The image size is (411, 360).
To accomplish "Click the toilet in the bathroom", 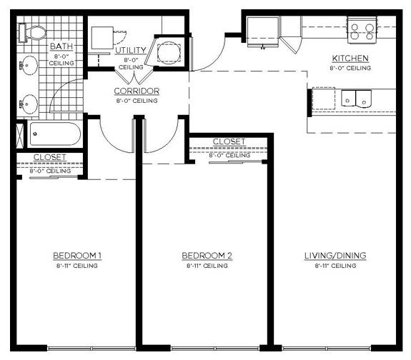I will pyautogui.click(x=33, y=32).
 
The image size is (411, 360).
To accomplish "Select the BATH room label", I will pyautogui.click(x=61, y=47).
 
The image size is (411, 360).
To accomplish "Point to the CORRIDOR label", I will pyautogui.click(x=136, y=91).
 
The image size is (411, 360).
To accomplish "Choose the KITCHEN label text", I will pyautogui.click(x=350, y=59).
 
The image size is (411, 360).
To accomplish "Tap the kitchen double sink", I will pyautogui.click(x=356, y=99).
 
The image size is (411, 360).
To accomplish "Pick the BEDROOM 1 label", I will pyautogui.click(x=77, y=256).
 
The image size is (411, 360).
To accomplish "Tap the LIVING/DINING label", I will pyautogui.click(x=335, y=256).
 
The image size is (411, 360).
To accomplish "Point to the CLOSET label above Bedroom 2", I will pyautogui.click(x=229, y=142).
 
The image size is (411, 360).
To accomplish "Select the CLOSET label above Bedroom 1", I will pyautogui.click(x=49, y=157).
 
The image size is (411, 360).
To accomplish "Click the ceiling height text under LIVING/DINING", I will pyautogui.click(x=335, y=266).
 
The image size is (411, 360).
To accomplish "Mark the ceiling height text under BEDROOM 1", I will pyautogui.click(x=77, y=266).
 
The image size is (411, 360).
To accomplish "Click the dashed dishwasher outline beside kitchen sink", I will pyautogui.click(x=324, y=99).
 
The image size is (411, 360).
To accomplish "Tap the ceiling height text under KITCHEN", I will pyautogui.click(x=350, y=69).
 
